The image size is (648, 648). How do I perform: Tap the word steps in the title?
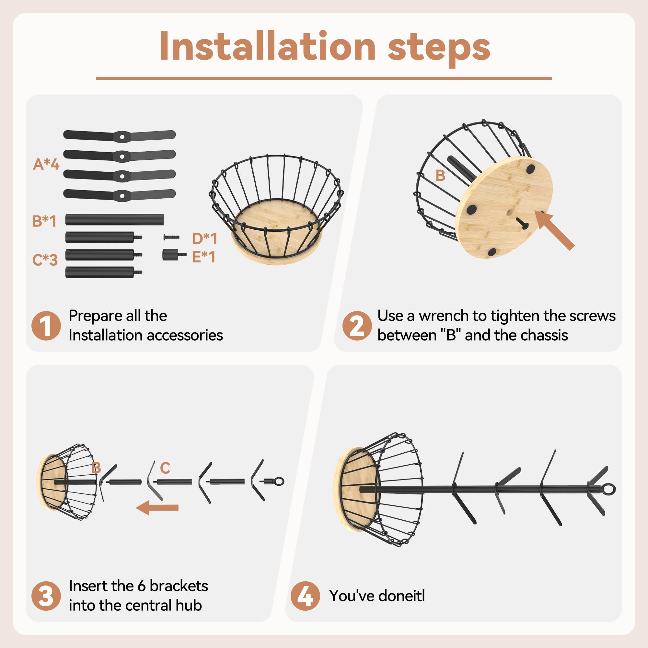pyautogui.click(x=439, y=49)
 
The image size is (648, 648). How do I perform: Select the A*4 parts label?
pyautogui.click(x=46, y=164)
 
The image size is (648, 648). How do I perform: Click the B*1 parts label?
pyautogui.click(x=44, y=221)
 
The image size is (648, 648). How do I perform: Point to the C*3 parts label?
pyautogui.click(x=45, y=260)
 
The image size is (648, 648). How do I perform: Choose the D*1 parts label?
pyautogui.click(x=204, y=238)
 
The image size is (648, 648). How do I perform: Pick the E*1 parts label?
pyautogui.click(x=203, y=257)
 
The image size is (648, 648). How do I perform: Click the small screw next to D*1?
pyautogui.click(x=171, y=237)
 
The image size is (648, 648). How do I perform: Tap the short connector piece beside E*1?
pyautogui.click(x=174, y=255)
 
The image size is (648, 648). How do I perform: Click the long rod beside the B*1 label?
pyautogui.click(x=114, y=219)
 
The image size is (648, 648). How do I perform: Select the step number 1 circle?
pyautogui.click(x=46, y=326)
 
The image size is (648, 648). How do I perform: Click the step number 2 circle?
pyautogui.click(x=357, y=326)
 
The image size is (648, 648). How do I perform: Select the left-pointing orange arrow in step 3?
pyautogui.click(x=157, y=507)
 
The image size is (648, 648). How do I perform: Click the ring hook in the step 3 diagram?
pyautogui.click(x=279, y=482)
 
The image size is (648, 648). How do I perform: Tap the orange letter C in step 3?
pyautogui.click(x=165, y=468)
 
